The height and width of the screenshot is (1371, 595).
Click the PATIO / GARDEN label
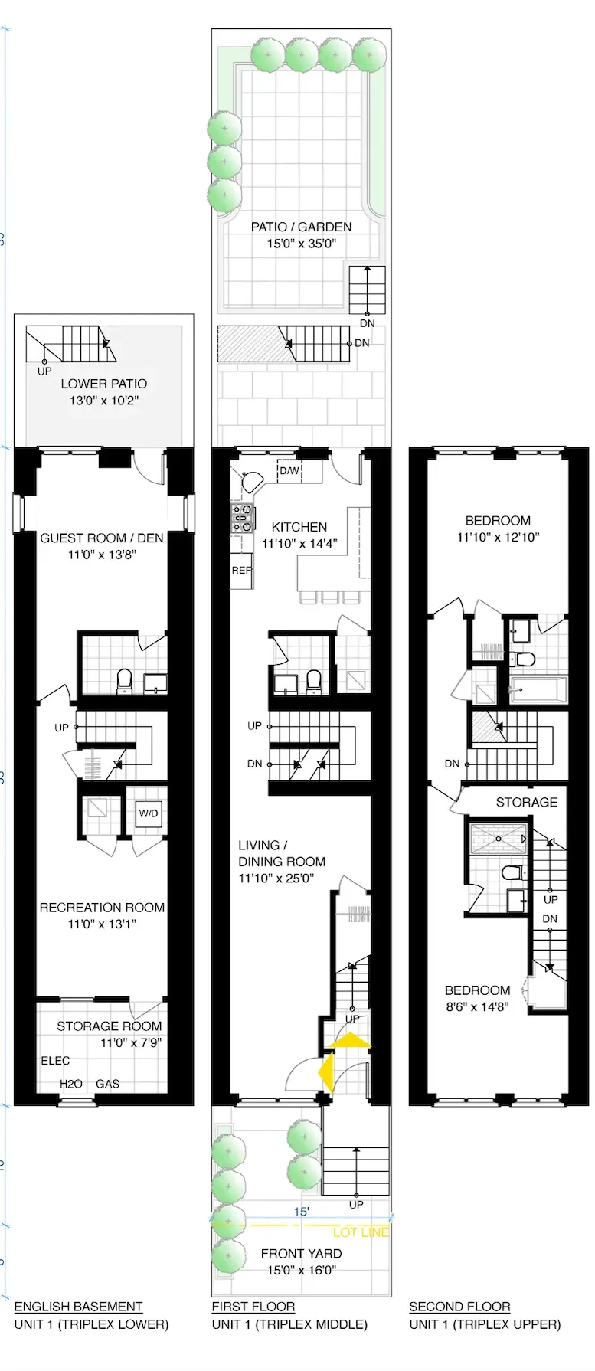point(301,227)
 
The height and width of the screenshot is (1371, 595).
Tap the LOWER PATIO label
point(104,384)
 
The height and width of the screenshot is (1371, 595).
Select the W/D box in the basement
point(149,813)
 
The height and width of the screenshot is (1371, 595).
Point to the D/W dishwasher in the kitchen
point(289,470)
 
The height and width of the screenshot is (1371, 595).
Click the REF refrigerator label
point(242,571)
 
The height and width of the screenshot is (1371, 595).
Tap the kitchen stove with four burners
point(243,518)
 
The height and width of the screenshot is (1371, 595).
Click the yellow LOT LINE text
point(361,1232)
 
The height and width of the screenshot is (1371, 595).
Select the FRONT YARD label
point(301,1254)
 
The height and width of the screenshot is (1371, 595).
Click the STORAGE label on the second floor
point(526,802)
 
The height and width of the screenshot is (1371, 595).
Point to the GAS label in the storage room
point(107,1084)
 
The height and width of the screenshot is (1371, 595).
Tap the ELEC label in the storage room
point(55,1061)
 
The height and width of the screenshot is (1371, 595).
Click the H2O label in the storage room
point(71,1084)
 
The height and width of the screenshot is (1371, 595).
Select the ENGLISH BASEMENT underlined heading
point(78,1307)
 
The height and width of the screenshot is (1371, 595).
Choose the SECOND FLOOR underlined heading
point(459,1307)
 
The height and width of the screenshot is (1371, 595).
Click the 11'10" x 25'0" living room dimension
point(276,879)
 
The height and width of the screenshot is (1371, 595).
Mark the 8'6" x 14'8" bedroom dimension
point(477,1007)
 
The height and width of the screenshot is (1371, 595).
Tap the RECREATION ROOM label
point(102,908)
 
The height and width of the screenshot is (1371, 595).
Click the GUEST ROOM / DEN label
point(102,538)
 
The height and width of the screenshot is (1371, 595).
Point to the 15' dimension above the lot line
point(302,1212)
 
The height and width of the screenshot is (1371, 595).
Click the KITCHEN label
point(299,527)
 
